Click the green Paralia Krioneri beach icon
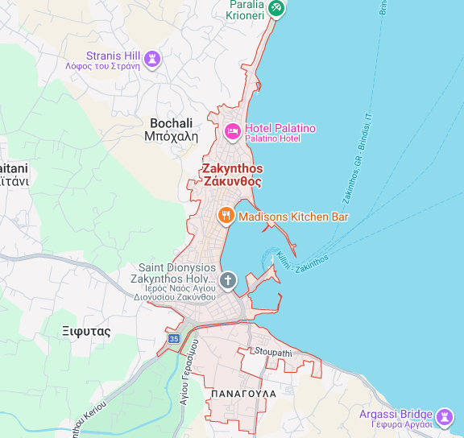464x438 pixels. click(276, 7)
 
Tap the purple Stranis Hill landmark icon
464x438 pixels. click(151, 59)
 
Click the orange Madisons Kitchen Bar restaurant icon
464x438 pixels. click(226, 216)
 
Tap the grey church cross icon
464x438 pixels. click(228, 280)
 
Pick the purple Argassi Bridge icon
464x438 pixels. click(444, 416)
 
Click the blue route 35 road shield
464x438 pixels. click(174, 339)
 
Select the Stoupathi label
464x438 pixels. click(273, 352)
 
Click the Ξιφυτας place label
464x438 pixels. click(86, 331)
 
